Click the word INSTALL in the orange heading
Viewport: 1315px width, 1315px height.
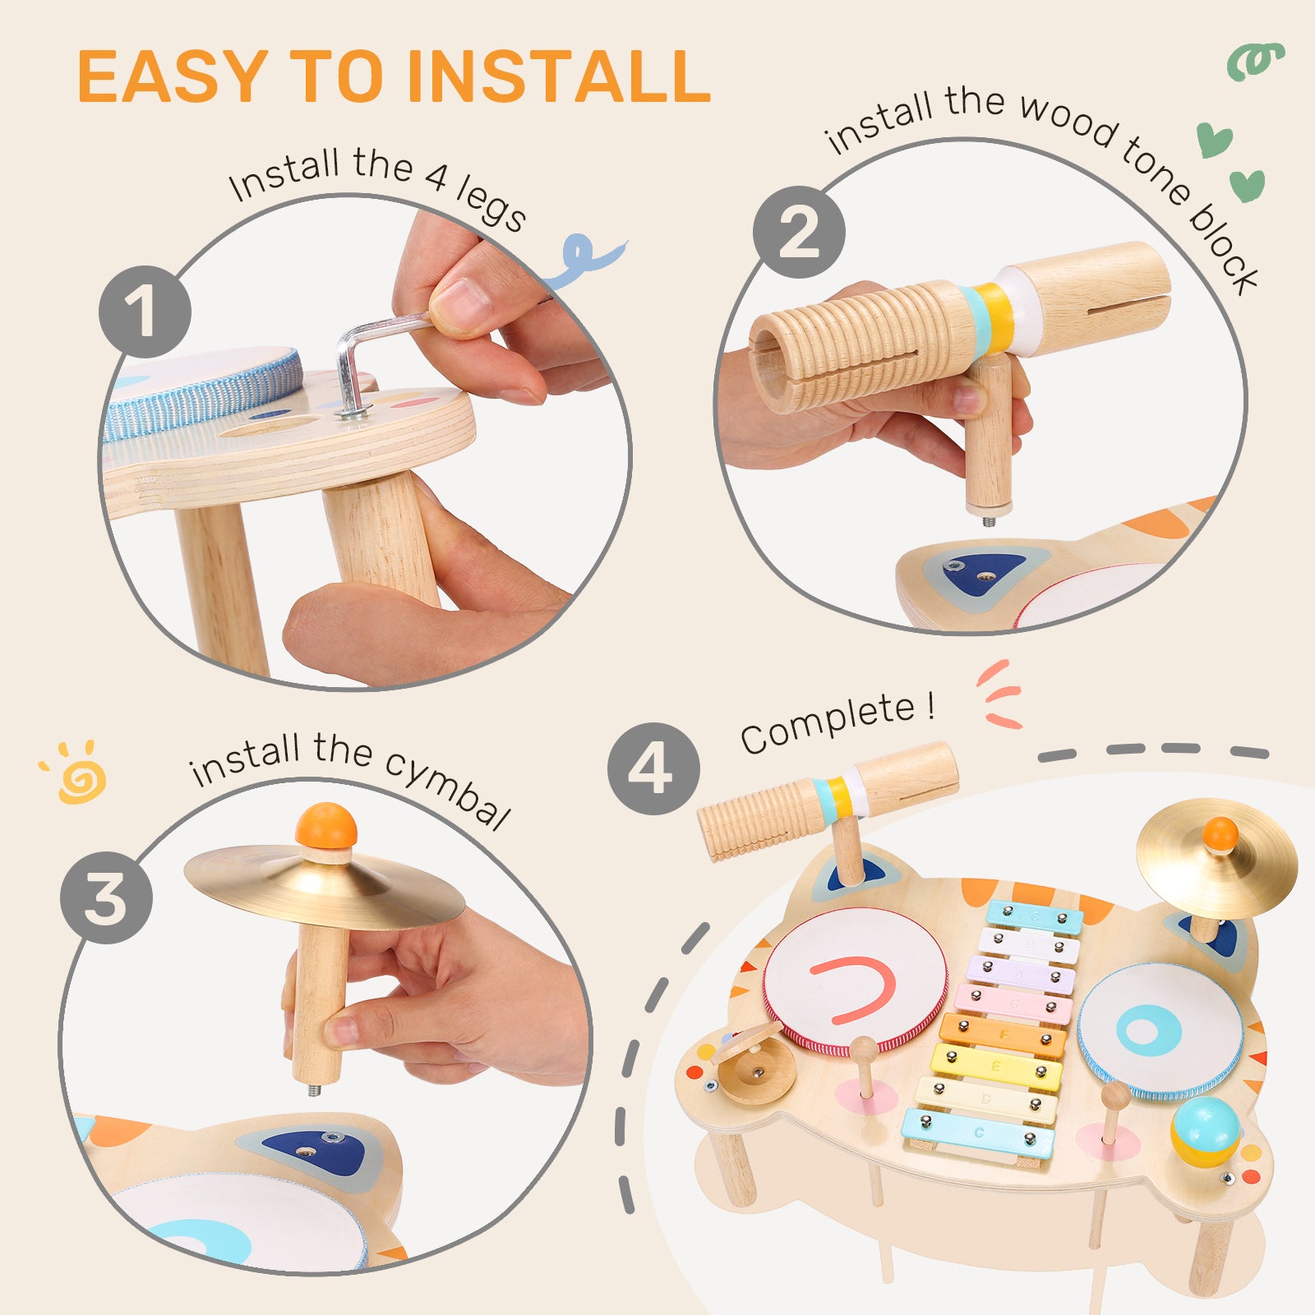[x=559, y=76]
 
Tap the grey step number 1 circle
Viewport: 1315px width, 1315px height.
[x=145, y=311]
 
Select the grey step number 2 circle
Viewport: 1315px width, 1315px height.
[x=799, y=232]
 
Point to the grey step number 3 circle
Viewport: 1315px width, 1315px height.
[x=106, y=897]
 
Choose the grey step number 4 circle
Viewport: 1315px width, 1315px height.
[x=653, y=769]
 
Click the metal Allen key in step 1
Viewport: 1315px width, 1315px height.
[x=374, y=362]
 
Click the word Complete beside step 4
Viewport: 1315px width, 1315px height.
[x=828, y=723]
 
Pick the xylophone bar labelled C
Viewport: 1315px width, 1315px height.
[x=978, y=1133]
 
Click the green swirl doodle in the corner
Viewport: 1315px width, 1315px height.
[x=1254, y=61]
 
